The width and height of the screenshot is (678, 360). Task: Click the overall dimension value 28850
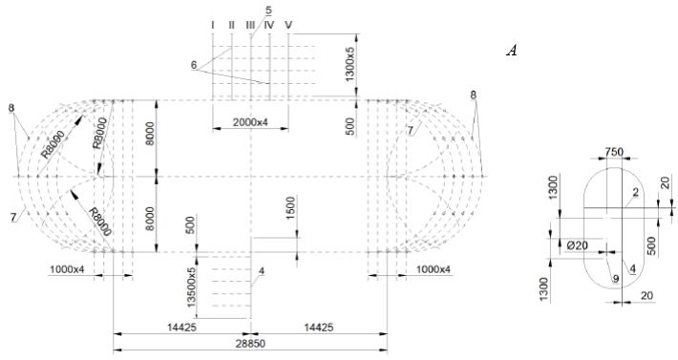pos(250,344)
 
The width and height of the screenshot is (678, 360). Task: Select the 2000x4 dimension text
pos(250,122)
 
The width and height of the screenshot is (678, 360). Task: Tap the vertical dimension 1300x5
pos(350,63)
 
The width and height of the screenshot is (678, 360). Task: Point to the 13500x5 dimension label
pos(191,287)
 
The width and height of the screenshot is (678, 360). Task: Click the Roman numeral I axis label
pos(213,25)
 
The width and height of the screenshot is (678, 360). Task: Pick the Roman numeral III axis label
pos(250,25)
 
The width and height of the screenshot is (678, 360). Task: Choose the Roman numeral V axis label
pos(288,25)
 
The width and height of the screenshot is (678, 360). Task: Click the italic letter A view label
pos(512,52)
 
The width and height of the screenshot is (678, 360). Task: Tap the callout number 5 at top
pos(269,10)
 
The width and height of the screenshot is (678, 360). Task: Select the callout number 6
pos(194,65)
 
